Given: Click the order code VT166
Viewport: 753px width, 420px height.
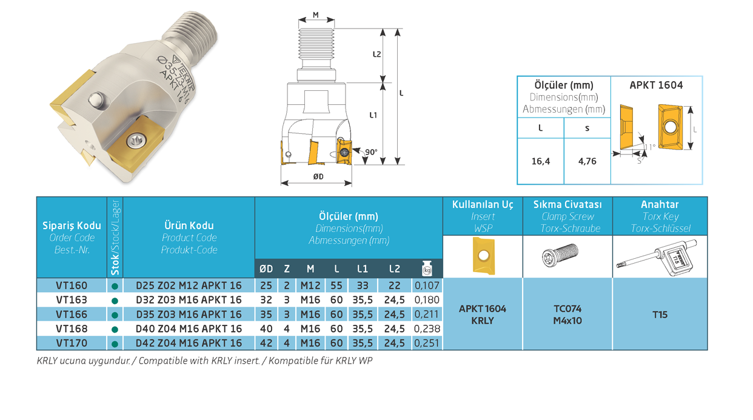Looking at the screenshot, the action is (72, 315).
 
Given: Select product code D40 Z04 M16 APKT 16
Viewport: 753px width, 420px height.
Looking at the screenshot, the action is (189, 328).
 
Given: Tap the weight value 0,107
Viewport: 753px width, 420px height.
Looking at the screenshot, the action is (427, 285).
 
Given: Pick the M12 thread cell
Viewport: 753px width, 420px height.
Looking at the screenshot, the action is (310, 285).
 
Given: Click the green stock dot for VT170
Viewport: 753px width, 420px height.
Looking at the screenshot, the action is (115, 344).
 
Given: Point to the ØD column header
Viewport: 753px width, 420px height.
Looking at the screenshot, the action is (266, 269).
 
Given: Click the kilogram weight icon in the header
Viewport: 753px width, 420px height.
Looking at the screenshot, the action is (427, 268).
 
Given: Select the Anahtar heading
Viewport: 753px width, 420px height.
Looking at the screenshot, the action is (660, 204).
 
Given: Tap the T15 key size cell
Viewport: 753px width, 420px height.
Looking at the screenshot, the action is (660, 315).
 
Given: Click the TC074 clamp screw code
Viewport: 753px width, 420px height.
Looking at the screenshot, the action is (567, 308).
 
